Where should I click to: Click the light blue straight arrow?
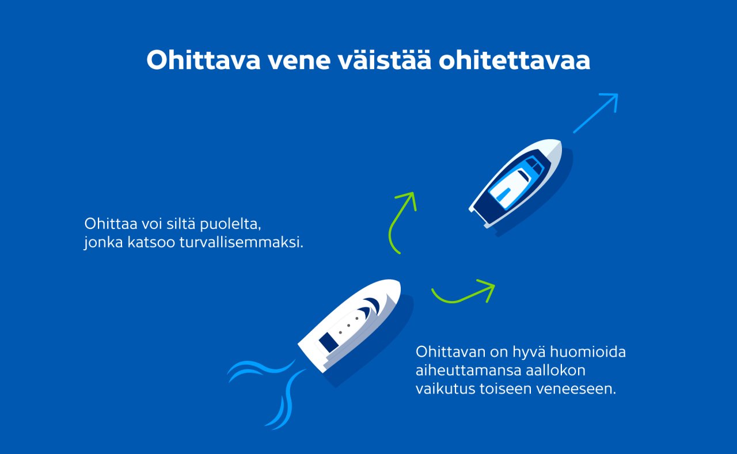(x=596, y=113)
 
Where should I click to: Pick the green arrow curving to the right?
(x=464, y=293)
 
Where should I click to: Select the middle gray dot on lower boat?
(x=348, y=325)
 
